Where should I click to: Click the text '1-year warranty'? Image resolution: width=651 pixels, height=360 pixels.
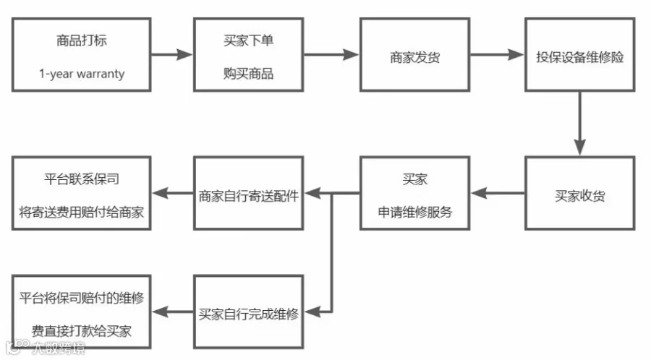[x=82, y=74]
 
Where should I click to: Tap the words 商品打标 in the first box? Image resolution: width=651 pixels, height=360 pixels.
[x=82, y=40]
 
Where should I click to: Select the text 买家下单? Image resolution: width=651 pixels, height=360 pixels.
[x=248, y=40]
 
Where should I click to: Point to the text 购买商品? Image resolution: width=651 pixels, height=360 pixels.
[x=248, y=74]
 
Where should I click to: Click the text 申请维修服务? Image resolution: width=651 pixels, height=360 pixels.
[x=414, y=213]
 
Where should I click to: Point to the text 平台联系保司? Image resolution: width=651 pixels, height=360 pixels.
[x=82, y=179]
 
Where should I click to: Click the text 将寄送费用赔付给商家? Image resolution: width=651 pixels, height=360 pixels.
[x=82, y=213]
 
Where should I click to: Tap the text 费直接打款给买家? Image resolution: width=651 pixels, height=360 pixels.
[x=82, y=331]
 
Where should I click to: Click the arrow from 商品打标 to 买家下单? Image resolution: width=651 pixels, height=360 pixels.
[x=172, y=54]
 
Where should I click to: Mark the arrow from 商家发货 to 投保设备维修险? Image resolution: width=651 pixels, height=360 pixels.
[x=498, y=54]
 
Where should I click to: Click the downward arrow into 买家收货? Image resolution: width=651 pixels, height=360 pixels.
[x=579, y=124]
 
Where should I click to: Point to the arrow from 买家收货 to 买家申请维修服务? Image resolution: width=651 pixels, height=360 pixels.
[x=498, y=193]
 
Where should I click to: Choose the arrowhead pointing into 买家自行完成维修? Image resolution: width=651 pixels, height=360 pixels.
[x=312, y=312]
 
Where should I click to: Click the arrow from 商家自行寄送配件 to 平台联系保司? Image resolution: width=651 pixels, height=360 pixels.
[x=172, y=193]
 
